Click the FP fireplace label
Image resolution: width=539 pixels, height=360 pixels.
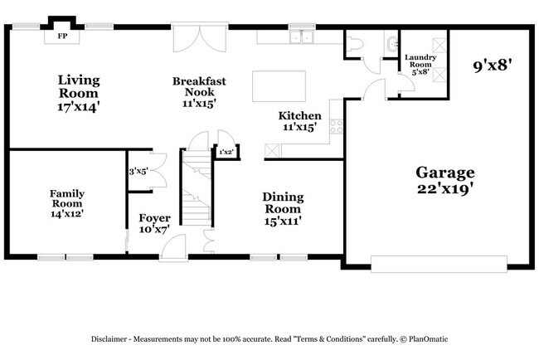(x=61, y=36)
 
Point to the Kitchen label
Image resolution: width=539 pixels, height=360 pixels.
(x=299, y=121)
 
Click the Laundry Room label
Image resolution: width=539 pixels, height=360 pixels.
(x=420, y=65)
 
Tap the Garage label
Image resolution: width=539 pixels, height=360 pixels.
(x=445, y=179)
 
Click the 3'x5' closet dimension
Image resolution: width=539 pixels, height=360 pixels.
(x=138, y=172)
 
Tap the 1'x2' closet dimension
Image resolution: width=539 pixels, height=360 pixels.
(x=226, y=152)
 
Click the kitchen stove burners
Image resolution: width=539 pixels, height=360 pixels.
(x=336, y=127)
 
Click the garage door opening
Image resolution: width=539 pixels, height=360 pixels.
(x=439, y=264)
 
